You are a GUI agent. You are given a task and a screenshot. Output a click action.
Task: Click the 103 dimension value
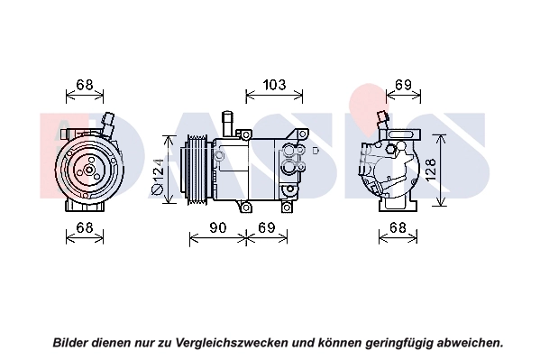pyautogui.click(x=274, y=85)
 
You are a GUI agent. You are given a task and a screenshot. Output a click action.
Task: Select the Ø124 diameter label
pyautogui.click(x=158, y=176)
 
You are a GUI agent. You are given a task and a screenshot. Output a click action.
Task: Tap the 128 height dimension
pyautogui.click(x=431, y=170)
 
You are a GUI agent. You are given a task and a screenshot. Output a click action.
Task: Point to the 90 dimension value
pyautogui.click(x=217, y=227)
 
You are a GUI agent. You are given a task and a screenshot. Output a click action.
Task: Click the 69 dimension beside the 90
pyautogui.click(x=267, y=227)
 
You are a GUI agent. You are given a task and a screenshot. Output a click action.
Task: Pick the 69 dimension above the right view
pyautogui.click(x=403, y=85)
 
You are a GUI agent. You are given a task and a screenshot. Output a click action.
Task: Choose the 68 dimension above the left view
pyautogui.click(x=85, y=85)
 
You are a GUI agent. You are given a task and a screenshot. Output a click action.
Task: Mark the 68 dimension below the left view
pyautogui.click(x=85, y=227)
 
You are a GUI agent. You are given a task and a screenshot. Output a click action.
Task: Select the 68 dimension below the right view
pyautogui.click(x=398, y=227)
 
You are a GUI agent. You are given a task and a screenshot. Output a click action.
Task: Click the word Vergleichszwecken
pyautogui.click(x=232, y=343)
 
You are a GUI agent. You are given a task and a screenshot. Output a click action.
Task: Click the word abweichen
pyautogui.click(x=470, y=343)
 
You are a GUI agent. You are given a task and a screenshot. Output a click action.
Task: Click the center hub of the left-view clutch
pyautogui.click(x=89, y=170)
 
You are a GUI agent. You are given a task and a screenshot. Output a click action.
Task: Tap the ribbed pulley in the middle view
pyautogui.click(x=196, y=170)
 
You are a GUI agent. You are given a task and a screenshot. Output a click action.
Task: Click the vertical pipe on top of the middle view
pyautogui.click(x=228, y=124)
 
